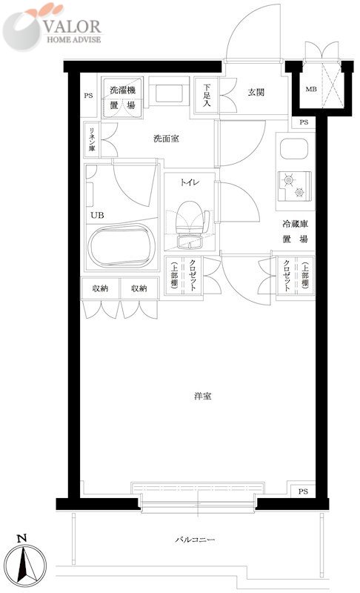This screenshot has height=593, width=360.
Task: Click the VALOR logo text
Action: pyautogui.click(x=72, y=27)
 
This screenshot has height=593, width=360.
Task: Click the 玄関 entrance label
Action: pyautogui.click(x=256, y=92)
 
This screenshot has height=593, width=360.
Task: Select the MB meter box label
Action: pyautogui.click(x=311, y=90)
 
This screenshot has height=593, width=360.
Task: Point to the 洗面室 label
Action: pyautogui.click(x=166, y=139)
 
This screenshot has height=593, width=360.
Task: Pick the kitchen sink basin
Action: pyautogui.click(x=294, y=149)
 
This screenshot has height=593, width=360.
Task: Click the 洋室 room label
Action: pyautogui.click(x=202, y=397)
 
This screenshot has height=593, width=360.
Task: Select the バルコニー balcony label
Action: pyautogui.click(x=195, y=539)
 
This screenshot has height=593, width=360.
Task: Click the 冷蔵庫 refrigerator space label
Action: pyautogui.click(x=295, y=224)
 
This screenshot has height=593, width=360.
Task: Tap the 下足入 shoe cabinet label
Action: pyautogui.click(x=206, y=95)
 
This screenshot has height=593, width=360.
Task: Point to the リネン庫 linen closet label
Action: pyautogui.click(x=92, y=140)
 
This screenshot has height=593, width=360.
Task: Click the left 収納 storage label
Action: pyautogui.click(x=100, y=288)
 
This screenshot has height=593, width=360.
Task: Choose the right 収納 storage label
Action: pyautogui.click(x=139, y=288)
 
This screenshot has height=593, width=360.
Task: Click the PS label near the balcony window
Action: pyautogui.click(x=303, y=491)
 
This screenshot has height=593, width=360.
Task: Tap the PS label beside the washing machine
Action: pyautogui.click(x=88, y=96)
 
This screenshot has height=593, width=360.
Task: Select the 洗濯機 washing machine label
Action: pyautogui.click(x=122, y=90)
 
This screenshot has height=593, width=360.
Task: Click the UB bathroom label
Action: pyautogui.click(x=97, y=216)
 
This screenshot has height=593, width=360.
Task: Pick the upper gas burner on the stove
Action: pyautogui.click(x=289, y=180)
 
